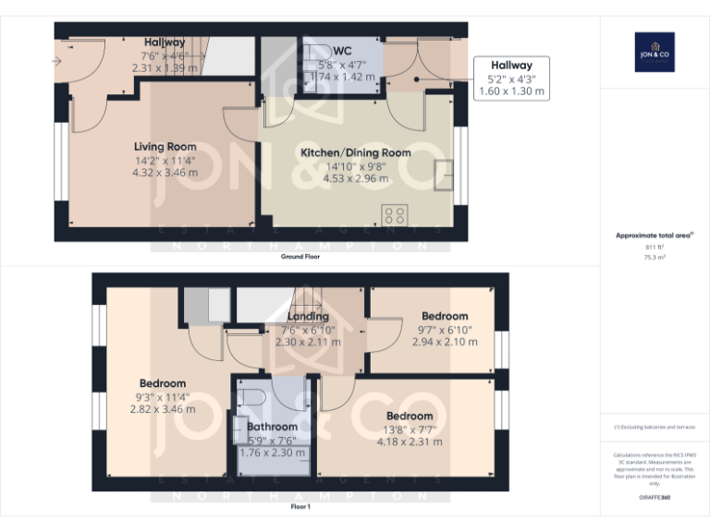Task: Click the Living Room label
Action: (165, 147)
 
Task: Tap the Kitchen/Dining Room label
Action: (355, 152)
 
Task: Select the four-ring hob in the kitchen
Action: (396, 215)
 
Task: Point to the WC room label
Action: (342, 50)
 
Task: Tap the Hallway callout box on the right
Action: (511, 79)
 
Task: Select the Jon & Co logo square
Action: (655, 51)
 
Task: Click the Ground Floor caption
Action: (300, 256)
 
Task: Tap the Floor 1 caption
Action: (300, 506)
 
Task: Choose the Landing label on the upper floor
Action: (308, 317)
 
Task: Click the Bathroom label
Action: (272, 427)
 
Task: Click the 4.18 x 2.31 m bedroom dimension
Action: (410, 441)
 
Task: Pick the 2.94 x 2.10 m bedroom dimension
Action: (445, 342)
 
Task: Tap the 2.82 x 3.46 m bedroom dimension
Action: (163, 408)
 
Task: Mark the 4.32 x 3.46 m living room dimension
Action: (165, 172)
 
